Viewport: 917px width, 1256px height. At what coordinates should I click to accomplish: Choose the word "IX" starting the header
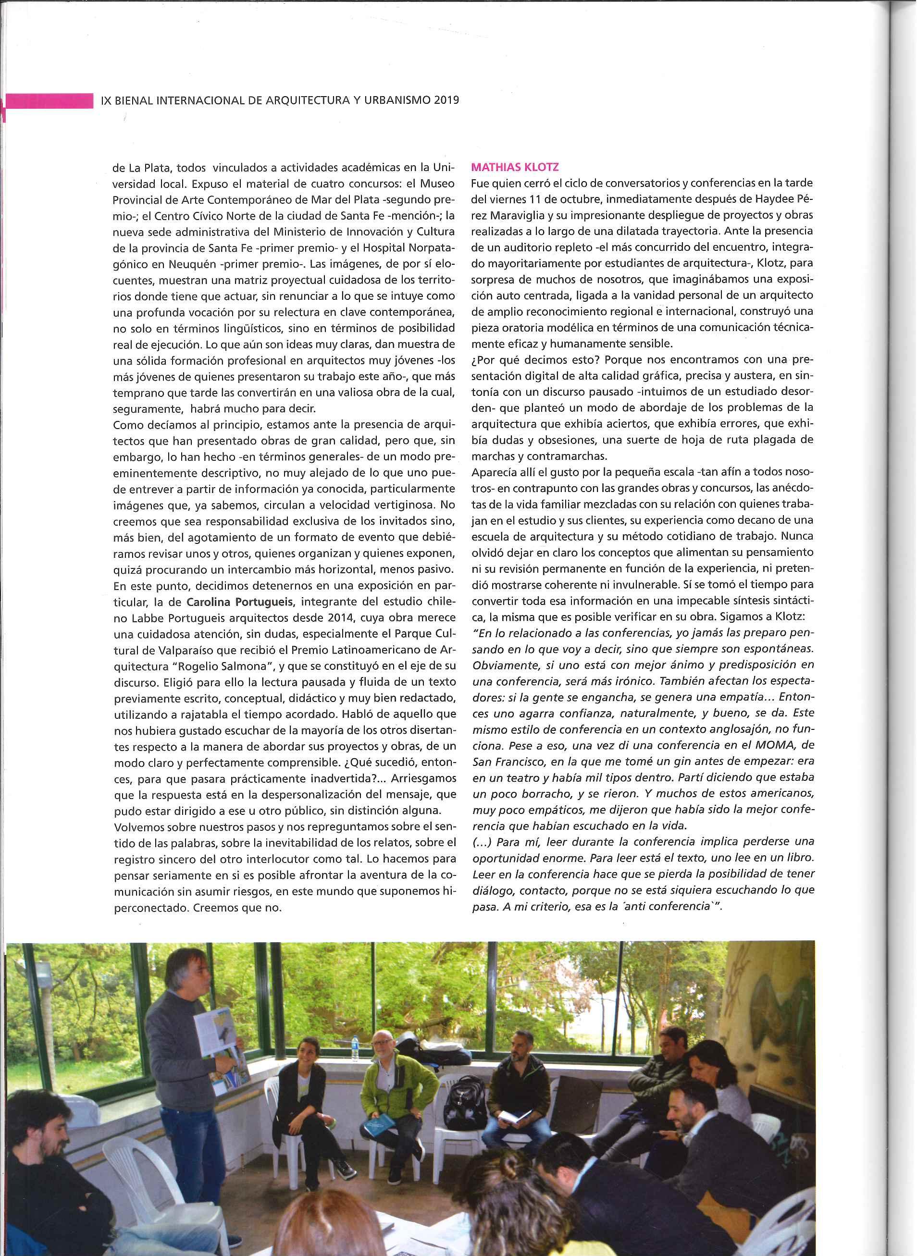(x=107, y=100)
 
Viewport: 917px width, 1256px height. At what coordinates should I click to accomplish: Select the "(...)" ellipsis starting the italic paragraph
(x=483, y=841)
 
